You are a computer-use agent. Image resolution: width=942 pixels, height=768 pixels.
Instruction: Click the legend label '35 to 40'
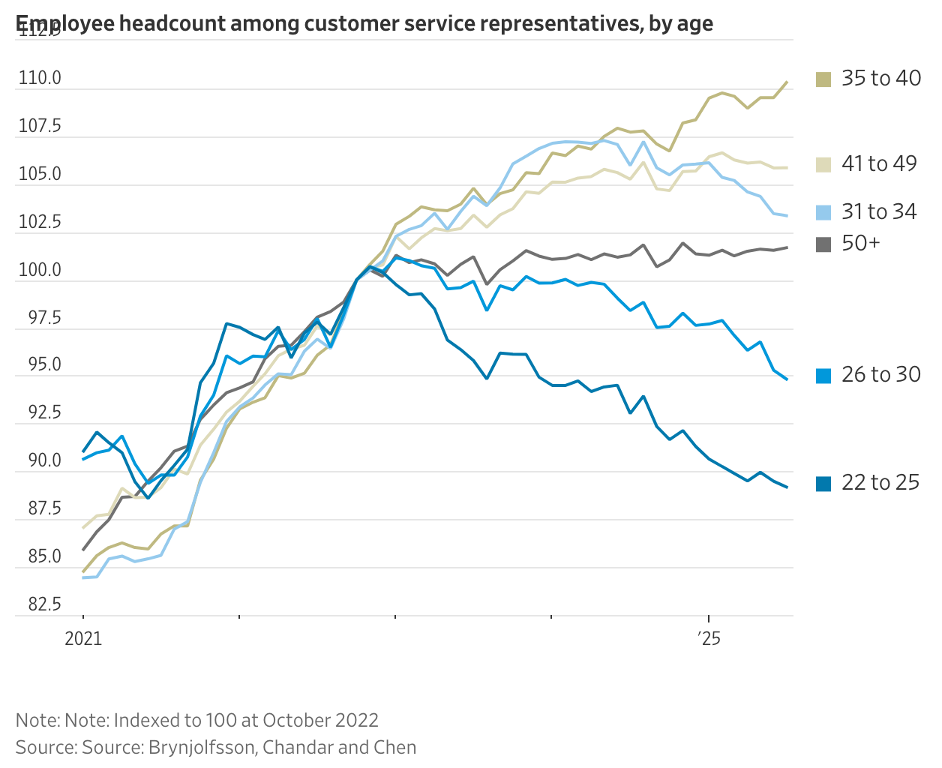tap(880, 78)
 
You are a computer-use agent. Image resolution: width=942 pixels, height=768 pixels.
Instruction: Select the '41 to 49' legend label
tap(878, 163)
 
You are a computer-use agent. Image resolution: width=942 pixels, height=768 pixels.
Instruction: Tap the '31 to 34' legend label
tap(878, 211)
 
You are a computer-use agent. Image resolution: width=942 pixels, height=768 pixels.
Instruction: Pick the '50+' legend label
tap(860, 243)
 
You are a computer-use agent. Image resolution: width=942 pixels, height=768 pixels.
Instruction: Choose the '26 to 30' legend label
tap(880, 374)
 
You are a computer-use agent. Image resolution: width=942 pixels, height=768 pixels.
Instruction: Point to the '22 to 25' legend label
tap(880, 482)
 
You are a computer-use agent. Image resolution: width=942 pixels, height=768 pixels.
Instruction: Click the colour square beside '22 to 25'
tap(823, 484)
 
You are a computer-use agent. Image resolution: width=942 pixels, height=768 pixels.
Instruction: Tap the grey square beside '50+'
tap(823, 244)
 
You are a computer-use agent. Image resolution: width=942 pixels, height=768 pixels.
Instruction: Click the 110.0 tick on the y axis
tap(40, 78)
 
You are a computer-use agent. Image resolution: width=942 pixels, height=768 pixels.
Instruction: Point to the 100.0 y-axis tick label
tap(40, 270)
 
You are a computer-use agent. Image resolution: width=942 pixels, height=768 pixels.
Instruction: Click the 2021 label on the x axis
tap(83, 639)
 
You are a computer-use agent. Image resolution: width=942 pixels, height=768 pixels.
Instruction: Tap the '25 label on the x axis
tap(708, 639)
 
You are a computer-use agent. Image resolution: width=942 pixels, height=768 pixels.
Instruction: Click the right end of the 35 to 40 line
tap(787, 82)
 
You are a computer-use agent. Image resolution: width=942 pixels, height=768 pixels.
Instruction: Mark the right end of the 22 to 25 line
tap(787, 487)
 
